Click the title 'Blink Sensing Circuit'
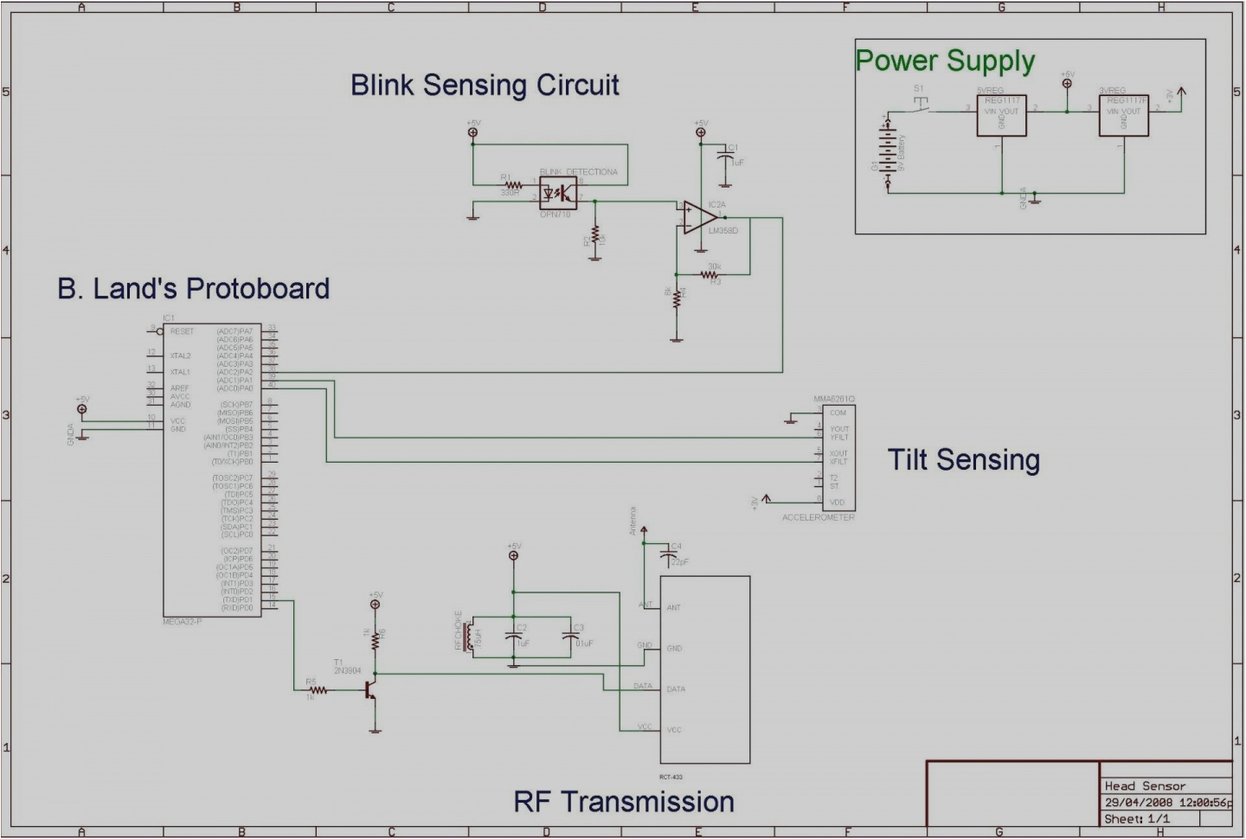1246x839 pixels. click(x=485, y=85)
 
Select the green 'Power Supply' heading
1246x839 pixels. click(x=945, y=61)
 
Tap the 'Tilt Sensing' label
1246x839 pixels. click(x=963, y=459)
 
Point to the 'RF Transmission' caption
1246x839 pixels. click(x=623, y=802)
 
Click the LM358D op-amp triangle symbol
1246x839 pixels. click(x=697, y=217)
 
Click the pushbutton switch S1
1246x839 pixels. click(x=921, y=105)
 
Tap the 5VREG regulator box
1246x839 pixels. click(x=1001, y=116)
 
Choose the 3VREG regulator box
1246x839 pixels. click(x=1123, y=116)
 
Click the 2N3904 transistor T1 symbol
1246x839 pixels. click(x=372, y=690)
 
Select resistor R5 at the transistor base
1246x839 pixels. click(x=318, y=690)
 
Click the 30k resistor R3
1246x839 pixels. click(x=711, y=274)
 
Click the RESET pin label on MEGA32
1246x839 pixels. click(x=182, y=331)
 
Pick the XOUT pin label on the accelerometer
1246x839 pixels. click(x=838, y=453)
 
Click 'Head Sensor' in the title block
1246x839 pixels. click(x=1144, y=786)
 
